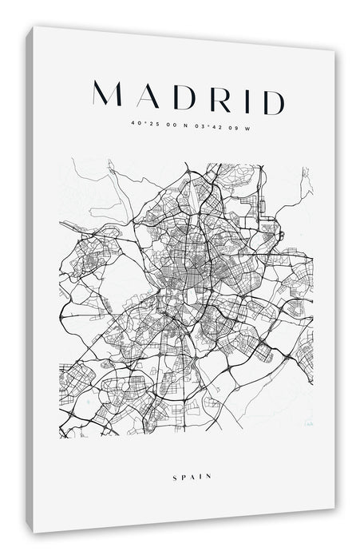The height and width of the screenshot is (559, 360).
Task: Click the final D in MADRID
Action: pos(269,102)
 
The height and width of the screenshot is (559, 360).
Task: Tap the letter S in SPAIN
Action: pos(173,477)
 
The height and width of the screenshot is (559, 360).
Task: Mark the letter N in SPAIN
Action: pos(208,477)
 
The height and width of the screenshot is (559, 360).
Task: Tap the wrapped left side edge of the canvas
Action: pos(29,279)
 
